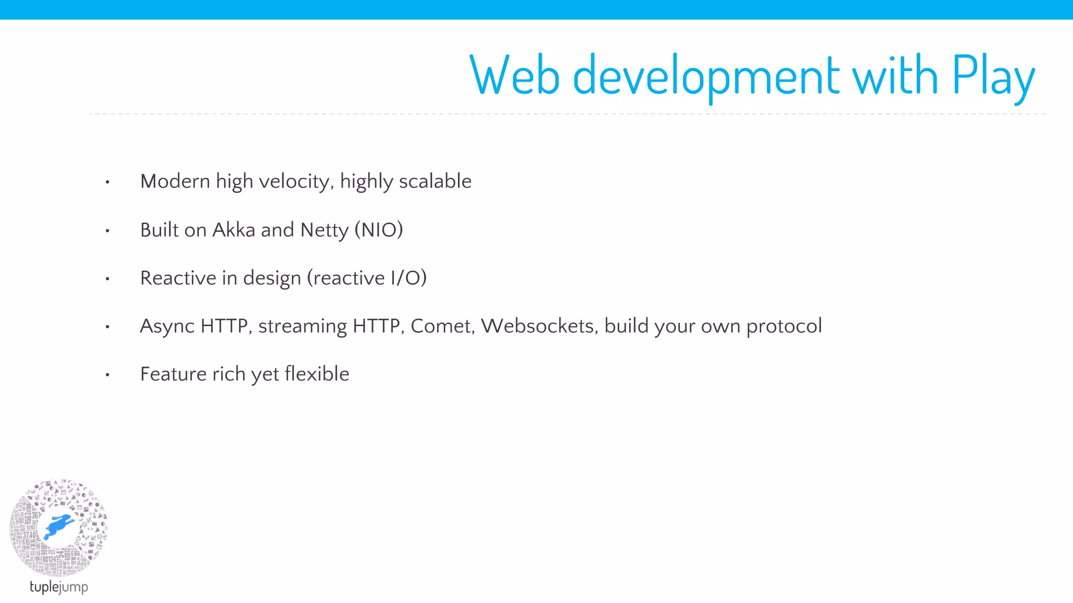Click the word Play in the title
point(993,77)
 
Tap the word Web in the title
point(514,76)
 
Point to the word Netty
point(324,230)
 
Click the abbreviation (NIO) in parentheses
point(379,230)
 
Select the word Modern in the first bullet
point(175,181)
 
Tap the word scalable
point(435,181)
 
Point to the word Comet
point(442,326)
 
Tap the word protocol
point(784,327)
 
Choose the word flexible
point(316,374)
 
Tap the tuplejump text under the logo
point(59,587)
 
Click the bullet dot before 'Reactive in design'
point(107,279)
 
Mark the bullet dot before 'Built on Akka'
point(107,231)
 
